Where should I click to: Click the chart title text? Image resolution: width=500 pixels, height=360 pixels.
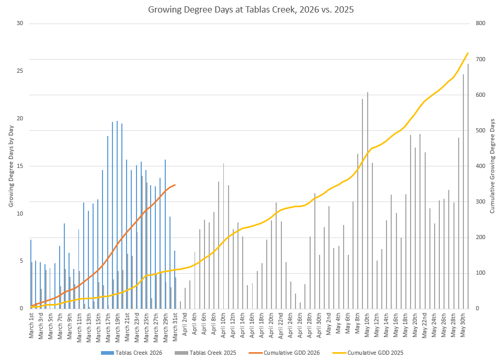point(250,9)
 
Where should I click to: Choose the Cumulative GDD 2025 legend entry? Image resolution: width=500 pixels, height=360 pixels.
point(375,353)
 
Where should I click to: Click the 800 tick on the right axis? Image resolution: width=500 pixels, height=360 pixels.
point(478,24)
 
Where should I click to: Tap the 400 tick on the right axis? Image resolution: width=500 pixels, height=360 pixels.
point(478,166)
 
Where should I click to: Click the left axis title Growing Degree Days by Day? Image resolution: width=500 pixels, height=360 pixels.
point(10,166)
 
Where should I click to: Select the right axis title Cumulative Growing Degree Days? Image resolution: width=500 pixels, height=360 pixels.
point(492,166)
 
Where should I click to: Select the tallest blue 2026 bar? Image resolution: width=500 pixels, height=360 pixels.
point(117,215)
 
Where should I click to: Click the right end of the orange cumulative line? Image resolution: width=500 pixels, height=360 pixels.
point(175,185)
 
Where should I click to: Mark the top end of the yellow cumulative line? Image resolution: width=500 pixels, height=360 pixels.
point(468,53)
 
